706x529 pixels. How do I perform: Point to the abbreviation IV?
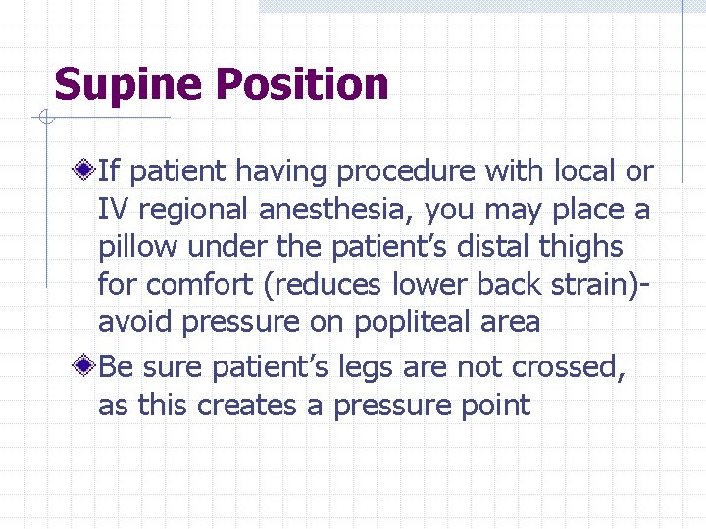pyautogui.click(x=112, y=210)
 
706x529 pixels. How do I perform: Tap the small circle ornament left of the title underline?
pyautogui.click(x=44, y=119)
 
